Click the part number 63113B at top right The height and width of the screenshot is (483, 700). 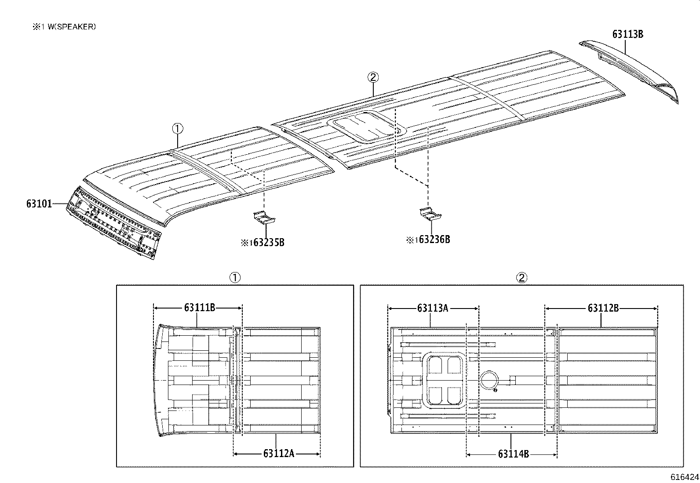click(x=627, y=34)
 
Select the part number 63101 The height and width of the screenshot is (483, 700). click(x=39, y=203)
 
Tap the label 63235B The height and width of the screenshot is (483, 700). click(x=268, y=243)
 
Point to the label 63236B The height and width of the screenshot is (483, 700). click(x=434, y=240)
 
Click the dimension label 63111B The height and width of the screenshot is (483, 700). click(x=199, y=308)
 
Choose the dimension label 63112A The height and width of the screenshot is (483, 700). click(x=278, y=453)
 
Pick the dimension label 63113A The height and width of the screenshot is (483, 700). click(x=432, y=308)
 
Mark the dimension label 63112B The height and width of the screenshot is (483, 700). click(x=603, y=308)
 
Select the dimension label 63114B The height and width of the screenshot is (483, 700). click(x=513, y=454)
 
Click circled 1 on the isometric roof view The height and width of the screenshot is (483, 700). click(x=177, y=129)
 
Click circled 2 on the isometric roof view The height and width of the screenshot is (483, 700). click(x=373, y=78)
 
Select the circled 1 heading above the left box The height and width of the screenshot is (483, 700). click(x=235, y=277)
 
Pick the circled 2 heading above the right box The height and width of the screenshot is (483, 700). click(x=521, y=277)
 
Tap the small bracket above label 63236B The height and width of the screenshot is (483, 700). click(x=430, y=214)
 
